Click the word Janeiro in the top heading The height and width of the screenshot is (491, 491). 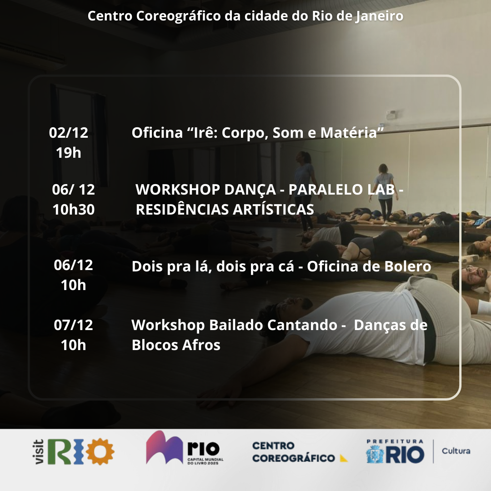tap(379, 16)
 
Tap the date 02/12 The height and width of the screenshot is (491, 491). tap(69, 133)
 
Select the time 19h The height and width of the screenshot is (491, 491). tap(69, 153)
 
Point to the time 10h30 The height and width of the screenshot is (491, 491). tap(74, 210)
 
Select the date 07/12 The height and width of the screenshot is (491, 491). tap(73, 325)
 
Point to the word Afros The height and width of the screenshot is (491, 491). tap(201, 345)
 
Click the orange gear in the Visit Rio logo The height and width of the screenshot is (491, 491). tap(100, 451)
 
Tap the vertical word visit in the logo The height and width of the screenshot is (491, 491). tap(39, 451)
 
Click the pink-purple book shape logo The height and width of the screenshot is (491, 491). tap(164, 447)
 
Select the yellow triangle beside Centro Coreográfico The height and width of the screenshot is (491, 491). tap(344, 458)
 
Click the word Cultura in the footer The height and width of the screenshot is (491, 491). tap(456, 451)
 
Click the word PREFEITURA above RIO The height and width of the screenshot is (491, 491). tap(395, 441)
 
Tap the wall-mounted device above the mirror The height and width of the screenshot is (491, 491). tap(391, 115)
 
